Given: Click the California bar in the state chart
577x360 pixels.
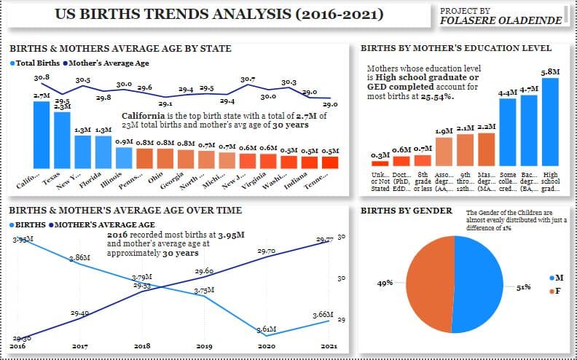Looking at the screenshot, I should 42,135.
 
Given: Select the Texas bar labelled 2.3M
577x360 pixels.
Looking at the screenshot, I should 63,140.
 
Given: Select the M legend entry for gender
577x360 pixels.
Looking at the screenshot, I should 556,278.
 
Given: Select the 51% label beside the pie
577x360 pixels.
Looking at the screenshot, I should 522,288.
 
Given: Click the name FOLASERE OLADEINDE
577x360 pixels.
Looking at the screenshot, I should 502,20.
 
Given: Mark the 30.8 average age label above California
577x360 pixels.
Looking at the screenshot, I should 42,77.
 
